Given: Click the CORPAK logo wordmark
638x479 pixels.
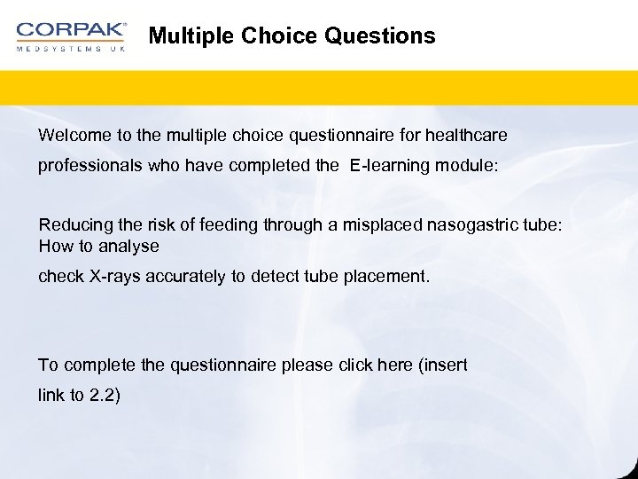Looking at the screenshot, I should tap(71, 30).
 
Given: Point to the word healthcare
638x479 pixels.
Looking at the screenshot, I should tap(466, 135).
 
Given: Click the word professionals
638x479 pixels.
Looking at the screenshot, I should tap(86, 165).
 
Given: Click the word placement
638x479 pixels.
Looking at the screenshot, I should tap(389, 277).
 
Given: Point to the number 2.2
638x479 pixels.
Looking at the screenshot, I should tap(103, 395).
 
